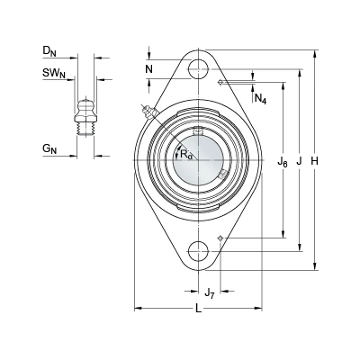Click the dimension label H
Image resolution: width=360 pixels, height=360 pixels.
(314, 161)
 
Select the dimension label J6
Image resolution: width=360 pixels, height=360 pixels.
(283, 163)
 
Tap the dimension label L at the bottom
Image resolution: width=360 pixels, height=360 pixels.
(198, 309)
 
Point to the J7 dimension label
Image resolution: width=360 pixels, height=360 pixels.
(210, 292)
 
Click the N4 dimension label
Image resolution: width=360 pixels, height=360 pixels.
(260, 98)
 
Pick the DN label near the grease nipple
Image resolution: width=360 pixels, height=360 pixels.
(49, 51)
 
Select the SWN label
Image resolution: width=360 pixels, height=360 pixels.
(54, 73)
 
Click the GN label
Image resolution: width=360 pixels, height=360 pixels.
(49, 149)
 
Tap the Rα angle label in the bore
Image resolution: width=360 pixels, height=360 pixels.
(186, 155)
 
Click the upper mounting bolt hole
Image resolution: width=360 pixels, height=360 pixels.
(198, 68)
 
